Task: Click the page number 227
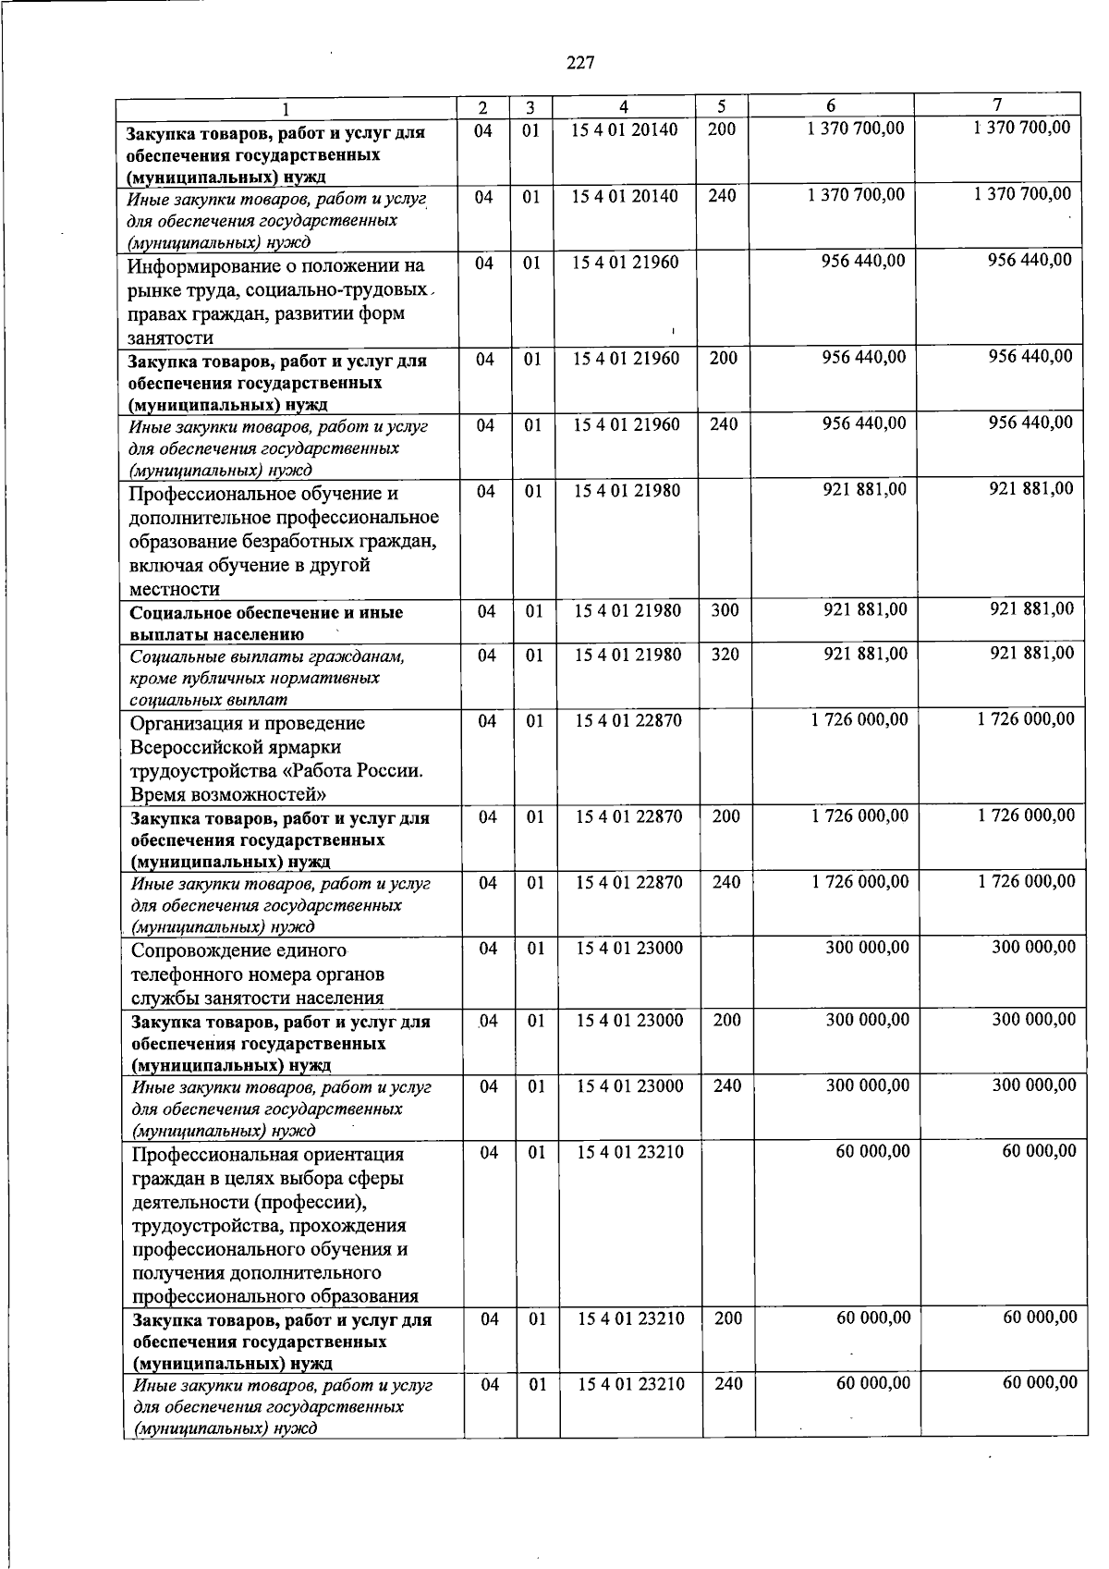(x=580, y=63)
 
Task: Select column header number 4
(x=625, y=107)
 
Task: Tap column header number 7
(x=997, y=104)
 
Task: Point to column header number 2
(x=482, y=108)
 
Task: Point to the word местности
(x=175, y=589)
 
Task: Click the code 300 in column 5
(x=725, y=610)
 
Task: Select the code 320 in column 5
(x=725, y=655)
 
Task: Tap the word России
(x=392, y=771)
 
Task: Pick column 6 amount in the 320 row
(x=865, y=654)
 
